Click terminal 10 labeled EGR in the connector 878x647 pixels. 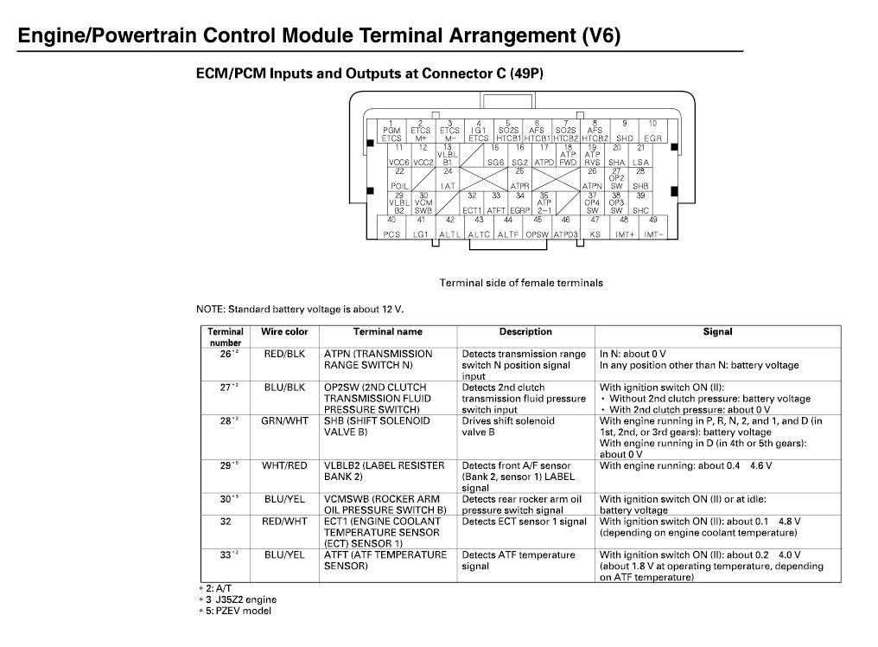652,131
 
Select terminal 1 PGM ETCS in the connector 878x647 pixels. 391,131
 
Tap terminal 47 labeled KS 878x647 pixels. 595,227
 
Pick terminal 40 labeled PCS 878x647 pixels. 392,227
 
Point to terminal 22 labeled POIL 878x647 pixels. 399,179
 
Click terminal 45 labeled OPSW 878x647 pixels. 538,227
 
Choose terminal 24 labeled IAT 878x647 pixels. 448,179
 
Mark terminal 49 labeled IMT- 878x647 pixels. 653,227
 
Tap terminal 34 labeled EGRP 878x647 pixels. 519,203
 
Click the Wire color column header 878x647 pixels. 284,332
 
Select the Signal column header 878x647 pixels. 717,332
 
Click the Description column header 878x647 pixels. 525,332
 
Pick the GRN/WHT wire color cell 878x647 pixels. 284,421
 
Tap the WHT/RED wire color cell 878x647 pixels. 284,466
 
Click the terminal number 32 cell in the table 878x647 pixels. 226,522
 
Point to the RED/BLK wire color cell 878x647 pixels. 284,354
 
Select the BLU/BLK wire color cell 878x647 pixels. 284,388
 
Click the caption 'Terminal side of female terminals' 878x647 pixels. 520,283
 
